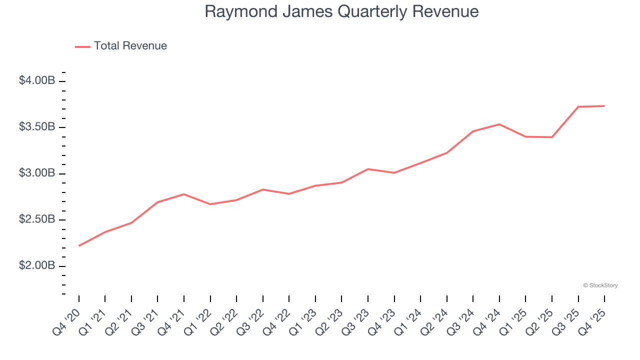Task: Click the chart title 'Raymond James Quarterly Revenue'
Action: (x=341, y=11)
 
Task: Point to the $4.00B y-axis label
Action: (x=36, y=81)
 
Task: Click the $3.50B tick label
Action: (x=36, y=127)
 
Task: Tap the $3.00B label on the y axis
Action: (x=36, y=173)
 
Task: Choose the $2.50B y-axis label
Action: (x=36, y=219)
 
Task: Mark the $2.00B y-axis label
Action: (x=36, y=266)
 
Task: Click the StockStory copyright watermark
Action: (x=600, y=285)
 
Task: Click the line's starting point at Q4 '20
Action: (x=79, y=246)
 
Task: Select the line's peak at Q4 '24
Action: (x=499, y=124)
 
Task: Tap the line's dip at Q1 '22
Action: (x=210, y=204)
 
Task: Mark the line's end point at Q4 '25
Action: (x=604, y=106)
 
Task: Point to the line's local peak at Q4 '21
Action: (x=184, y=194)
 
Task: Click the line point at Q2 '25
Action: (x=552, y=137)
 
